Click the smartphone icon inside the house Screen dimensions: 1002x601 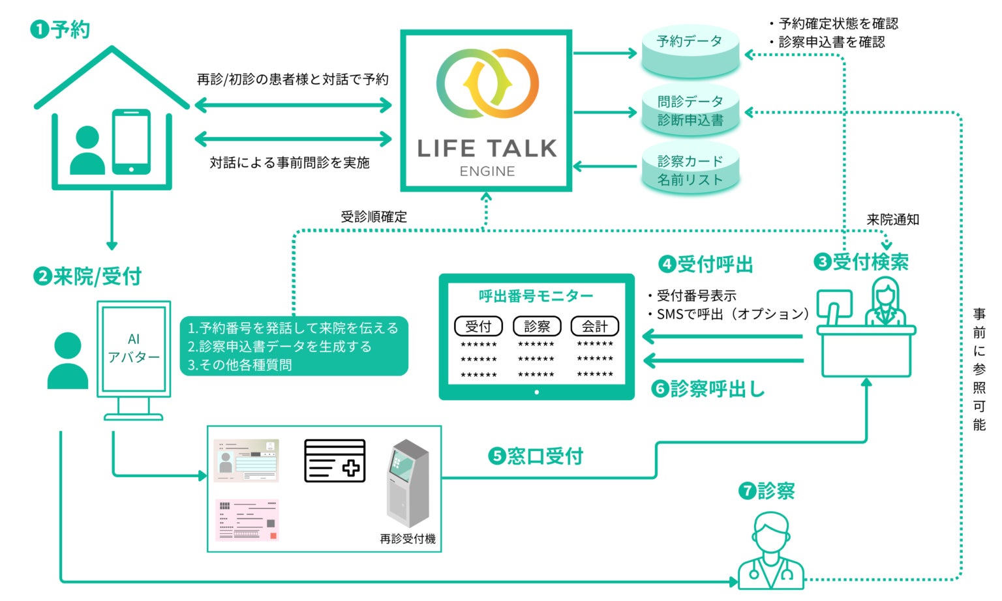[x=131, y=142]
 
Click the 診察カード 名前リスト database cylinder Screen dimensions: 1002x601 [x=690, y=169]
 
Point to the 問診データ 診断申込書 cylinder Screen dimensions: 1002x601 [x=690, y=110]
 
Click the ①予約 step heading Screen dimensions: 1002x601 [x=60, y=29]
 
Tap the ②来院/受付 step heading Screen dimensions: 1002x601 [x=87, y=276]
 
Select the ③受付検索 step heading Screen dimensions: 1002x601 [x=860, y=262]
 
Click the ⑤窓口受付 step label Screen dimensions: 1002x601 [x=535, y=456]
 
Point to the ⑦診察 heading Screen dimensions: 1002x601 [x=767, y=491]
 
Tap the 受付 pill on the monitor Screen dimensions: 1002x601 [x=478, y=326]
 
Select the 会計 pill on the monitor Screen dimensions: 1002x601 [x=594, y=326]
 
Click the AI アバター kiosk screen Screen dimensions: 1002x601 [x=134, y=349]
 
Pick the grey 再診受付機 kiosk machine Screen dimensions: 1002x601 [x=408, y=483]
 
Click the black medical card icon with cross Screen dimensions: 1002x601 [x=335, y=461]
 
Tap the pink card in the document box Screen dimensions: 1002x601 [x=247, y=520]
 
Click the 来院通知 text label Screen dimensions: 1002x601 [x=893, y=220]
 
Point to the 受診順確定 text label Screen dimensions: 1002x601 [x=374, y=216]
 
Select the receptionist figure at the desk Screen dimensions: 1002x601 [x=885, y=301]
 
